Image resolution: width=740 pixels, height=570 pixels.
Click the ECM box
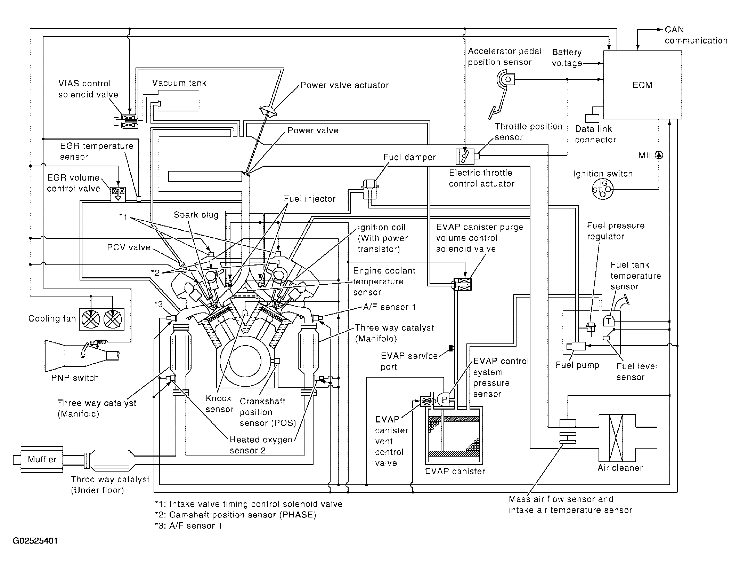642,85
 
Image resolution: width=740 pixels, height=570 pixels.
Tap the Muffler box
42,459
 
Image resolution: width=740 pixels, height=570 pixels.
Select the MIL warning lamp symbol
659,155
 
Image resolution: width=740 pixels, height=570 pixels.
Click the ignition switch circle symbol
603,189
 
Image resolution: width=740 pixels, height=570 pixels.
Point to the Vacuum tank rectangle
179,101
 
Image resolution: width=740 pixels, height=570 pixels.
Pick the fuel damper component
370,189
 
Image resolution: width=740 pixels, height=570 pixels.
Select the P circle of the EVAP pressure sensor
444,399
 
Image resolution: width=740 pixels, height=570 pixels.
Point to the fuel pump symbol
576,346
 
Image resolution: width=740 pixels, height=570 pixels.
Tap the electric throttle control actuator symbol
465,156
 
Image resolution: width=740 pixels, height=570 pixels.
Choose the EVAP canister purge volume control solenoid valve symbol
462,285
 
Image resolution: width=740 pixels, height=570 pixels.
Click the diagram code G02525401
35,541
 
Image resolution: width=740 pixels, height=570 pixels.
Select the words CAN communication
696,35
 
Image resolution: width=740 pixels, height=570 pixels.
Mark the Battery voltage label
567,58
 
